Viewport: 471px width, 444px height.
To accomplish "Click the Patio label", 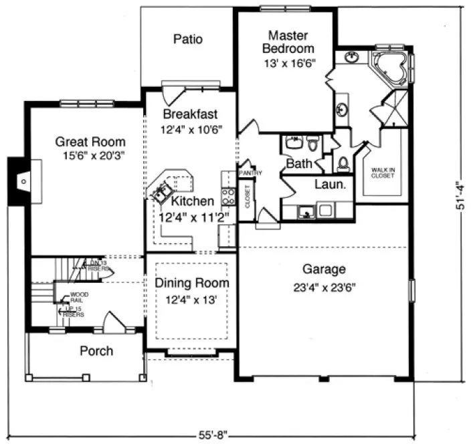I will [x=187, y=39].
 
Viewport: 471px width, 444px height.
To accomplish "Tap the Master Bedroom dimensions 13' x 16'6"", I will [x=288, y=62].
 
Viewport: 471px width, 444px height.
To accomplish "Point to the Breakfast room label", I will [x=190, y=114].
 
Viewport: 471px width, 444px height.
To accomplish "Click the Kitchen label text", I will [x=192, y=201].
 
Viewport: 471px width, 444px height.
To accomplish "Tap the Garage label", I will [x=324, y=269].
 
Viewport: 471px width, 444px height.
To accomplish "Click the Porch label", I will [x=96, y=351].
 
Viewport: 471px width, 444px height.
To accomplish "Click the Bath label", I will [x=297, y=163].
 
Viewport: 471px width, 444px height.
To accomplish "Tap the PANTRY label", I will [x=252, y=174].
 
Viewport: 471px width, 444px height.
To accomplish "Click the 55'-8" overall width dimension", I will [x=212, y=435].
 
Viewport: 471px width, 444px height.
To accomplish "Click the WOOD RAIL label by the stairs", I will [x=79, y=297].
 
